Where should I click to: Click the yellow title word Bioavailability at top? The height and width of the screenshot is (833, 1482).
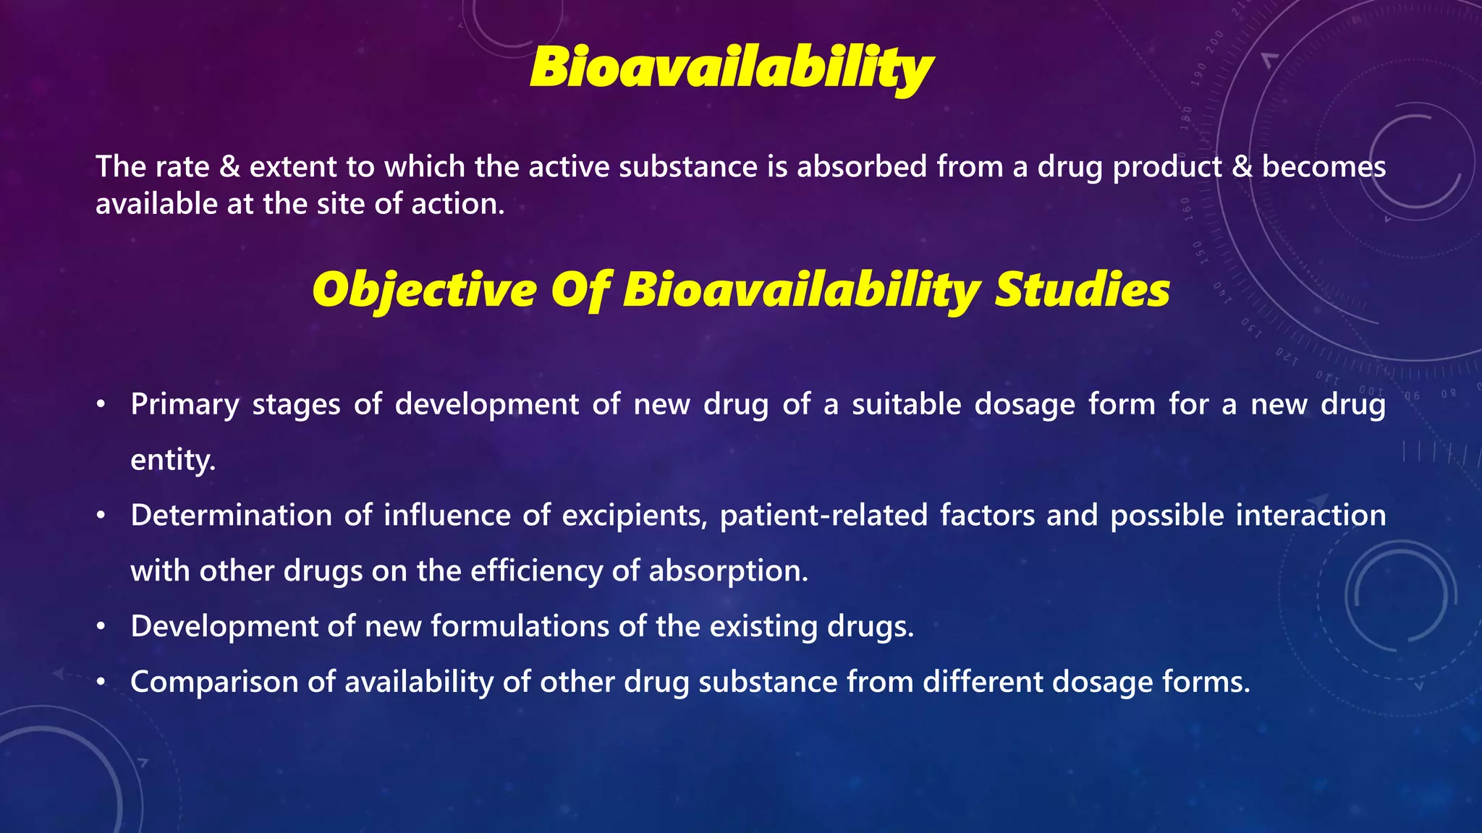click(x=731, y=68)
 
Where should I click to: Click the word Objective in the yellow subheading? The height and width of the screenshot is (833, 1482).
click(x=424, y=291)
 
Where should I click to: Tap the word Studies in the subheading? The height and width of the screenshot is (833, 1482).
click(x=1082, y=291)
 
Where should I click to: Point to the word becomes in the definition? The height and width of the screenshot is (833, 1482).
click(x=1324, y=167)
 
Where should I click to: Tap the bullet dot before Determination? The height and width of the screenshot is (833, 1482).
click(x=102, y=516)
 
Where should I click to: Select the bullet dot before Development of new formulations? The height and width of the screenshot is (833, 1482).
click(x=102, y=626)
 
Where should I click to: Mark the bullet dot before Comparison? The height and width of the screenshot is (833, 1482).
click(x=102, y=682)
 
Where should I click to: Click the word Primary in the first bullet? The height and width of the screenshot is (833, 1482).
click(x=185, y=405)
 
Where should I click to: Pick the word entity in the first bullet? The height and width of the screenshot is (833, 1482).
click(x=172, y=461)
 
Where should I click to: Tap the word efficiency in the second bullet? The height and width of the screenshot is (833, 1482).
click(x=536, y=571)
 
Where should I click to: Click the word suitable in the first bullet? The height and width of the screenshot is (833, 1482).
click(x=906, y=404)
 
